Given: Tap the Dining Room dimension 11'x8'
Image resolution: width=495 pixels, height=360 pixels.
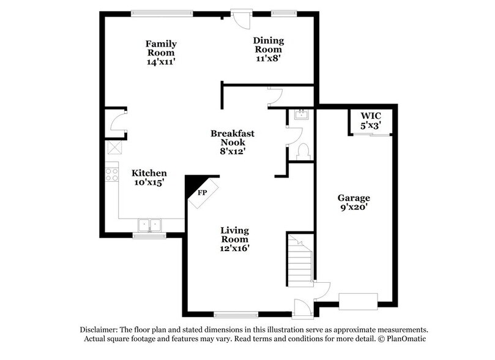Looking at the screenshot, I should click(269, 59).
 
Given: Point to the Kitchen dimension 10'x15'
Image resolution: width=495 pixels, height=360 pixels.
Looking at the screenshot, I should click(149, 182).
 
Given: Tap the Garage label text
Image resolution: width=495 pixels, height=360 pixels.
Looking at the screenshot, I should click(354, 198).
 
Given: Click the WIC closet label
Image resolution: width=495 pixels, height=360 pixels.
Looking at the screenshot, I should click(371, 115).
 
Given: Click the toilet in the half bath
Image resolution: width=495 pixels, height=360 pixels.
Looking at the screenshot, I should click(303, 150).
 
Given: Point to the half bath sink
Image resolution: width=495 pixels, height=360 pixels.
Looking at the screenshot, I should click(300, 114).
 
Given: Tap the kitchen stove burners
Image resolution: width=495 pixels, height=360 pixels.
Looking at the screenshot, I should click(111, 174).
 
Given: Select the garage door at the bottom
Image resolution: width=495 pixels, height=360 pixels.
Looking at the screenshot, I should click(359, 302).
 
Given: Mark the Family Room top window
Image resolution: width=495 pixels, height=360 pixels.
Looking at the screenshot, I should click(162, 12).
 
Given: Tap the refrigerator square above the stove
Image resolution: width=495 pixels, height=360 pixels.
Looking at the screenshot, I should click(114, 147).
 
